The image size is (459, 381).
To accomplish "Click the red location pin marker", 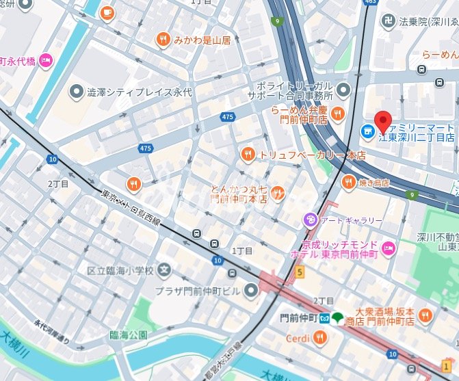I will coord(384,120).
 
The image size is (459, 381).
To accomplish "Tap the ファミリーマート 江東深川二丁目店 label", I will coord(417,131).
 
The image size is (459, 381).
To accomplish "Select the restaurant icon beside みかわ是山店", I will coord(163,39).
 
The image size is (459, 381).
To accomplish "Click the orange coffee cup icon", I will coord(107,12).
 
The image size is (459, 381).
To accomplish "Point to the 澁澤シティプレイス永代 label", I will coord(132,90).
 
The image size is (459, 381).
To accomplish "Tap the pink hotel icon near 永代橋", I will coord(46,60).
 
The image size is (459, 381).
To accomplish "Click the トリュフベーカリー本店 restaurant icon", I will coord(248,155).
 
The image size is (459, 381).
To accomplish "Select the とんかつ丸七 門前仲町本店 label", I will coord(239,193).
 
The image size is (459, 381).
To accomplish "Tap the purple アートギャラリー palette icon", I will coord(310,220).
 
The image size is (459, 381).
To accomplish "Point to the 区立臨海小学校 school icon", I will coord(164,270).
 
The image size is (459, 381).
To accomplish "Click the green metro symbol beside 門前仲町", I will coord(336,318).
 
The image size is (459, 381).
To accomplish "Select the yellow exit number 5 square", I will coord(299,272).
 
